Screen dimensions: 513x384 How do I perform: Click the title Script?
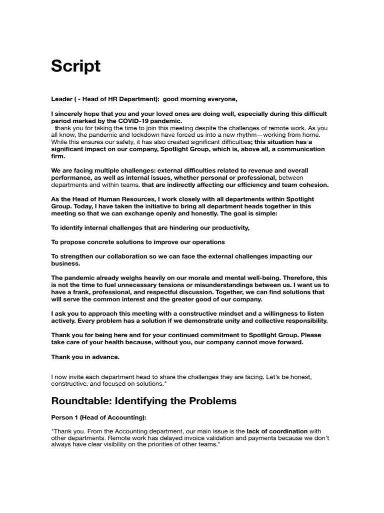click(x=75, y=66)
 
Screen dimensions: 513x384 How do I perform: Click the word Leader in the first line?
click(x=62, y=99)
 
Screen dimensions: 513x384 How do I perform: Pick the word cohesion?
click(x=312, y=185)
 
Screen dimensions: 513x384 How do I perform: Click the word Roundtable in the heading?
click(x=80, y=401)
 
